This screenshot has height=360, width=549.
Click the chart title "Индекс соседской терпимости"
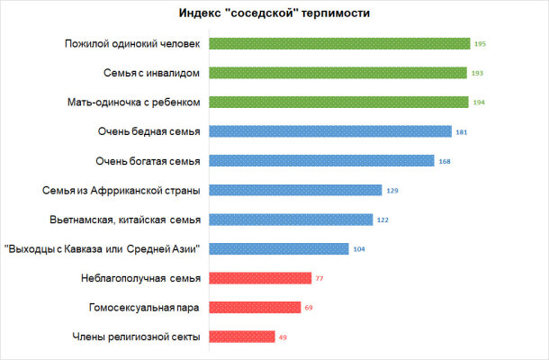(x=274, y=13)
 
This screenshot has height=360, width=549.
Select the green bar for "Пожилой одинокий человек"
(x=339, y=43)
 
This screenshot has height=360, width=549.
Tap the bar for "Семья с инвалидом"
(x=338, y=73)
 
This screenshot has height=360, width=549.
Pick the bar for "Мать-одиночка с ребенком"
(x=338, y=102)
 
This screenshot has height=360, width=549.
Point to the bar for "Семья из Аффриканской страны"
(x=296, y=190)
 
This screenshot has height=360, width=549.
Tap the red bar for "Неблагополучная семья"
(x=260, y=278)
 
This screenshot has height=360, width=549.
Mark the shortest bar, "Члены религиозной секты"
(x=242, y=337)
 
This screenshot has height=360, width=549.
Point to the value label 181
(x=462, y=131)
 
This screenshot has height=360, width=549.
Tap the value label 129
(x=392, y=190)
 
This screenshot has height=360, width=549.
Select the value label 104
(x=359, y=248)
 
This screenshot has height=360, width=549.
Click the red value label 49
(x=283, y=337)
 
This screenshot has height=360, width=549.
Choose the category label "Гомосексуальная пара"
(x=144, y=308)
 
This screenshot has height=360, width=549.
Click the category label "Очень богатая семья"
(x=148, y=161)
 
